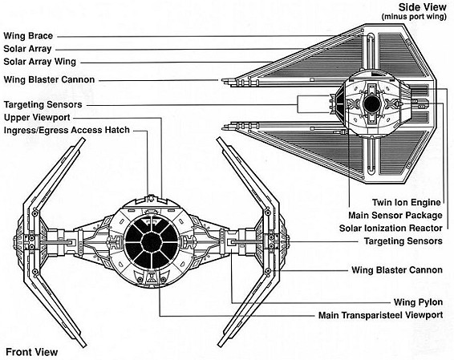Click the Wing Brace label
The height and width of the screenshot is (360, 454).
click(x=28, y=36)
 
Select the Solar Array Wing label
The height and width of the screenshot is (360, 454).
click(x=39, y=62)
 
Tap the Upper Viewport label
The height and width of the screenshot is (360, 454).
click(x=37, y=118)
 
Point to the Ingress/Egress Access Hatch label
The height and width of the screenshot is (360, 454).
click(x=67, y=130)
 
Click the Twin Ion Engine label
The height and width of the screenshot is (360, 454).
click(x=406, y=202)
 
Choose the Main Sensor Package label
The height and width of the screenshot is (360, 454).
click(x=395, y=216)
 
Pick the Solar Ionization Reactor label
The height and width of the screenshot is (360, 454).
click(x=391, y=228)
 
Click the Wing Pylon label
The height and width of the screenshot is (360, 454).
click(x=418, y=302)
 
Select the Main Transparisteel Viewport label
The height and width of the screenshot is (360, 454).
click(x=380, y=315)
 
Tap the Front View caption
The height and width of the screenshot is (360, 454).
click(x=32, y=352)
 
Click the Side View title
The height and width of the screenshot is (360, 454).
click(x=423, y=7)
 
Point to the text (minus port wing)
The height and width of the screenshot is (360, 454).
click(x=414, y=17)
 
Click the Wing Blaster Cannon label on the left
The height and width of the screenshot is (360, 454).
click(x=49, y=79)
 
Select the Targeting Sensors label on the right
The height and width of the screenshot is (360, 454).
click(x=403, y=241)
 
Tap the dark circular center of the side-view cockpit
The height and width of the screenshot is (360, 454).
click(x=371, y=104)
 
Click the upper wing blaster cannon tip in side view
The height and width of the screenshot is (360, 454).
click(x=222, y=80)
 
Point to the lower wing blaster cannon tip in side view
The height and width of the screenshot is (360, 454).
click(x=222, y=127)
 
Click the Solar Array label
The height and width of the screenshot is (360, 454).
click(x=27, y=49)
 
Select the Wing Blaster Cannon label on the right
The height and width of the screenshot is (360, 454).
click(x=397, y=270)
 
